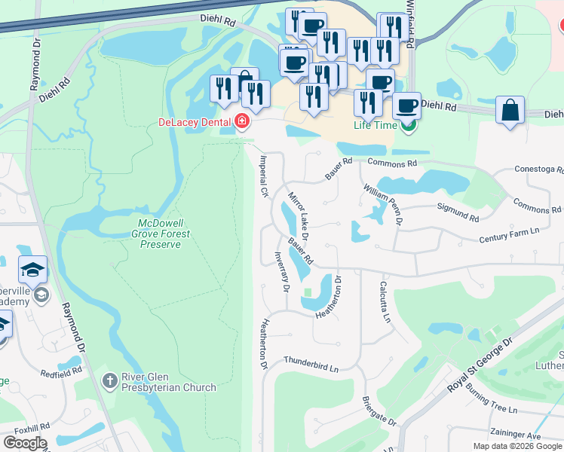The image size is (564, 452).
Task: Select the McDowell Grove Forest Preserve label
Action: [164, 234]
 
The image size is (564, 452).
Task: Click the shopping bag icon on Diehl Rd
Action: [510, 110]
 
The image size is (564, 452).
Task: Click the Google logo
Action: [24, 443]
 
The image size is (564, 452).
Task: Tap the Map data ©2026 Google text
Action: [516, 446]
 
